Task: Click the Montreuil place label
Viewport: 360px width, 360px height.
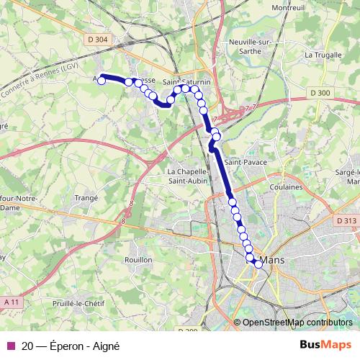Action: (288, 8)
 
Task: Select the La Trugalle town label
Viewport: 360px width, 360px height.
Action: (321, 55)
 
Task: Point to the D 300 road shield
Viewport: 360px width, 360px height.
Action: (320, 93)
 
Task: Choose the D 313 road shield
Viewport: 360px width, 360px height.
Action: (346, 221)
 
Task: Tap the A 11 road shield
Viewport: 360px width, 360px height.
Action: (10, 300)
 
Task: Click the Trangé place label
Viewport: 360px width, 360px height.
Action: (86, 198)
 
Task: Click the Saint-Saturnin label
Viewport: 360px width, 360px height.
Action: (186, 81)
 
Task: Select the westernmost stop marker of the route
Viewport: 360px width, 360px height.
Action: (102, 81)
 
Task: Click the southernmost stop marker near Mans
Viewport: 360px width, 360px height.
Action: (258, 264)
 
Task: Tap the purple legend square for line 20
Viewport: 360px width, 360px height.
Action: (9, 346)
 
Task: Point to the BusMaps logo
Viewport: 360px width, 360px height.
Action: (325, 345)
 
